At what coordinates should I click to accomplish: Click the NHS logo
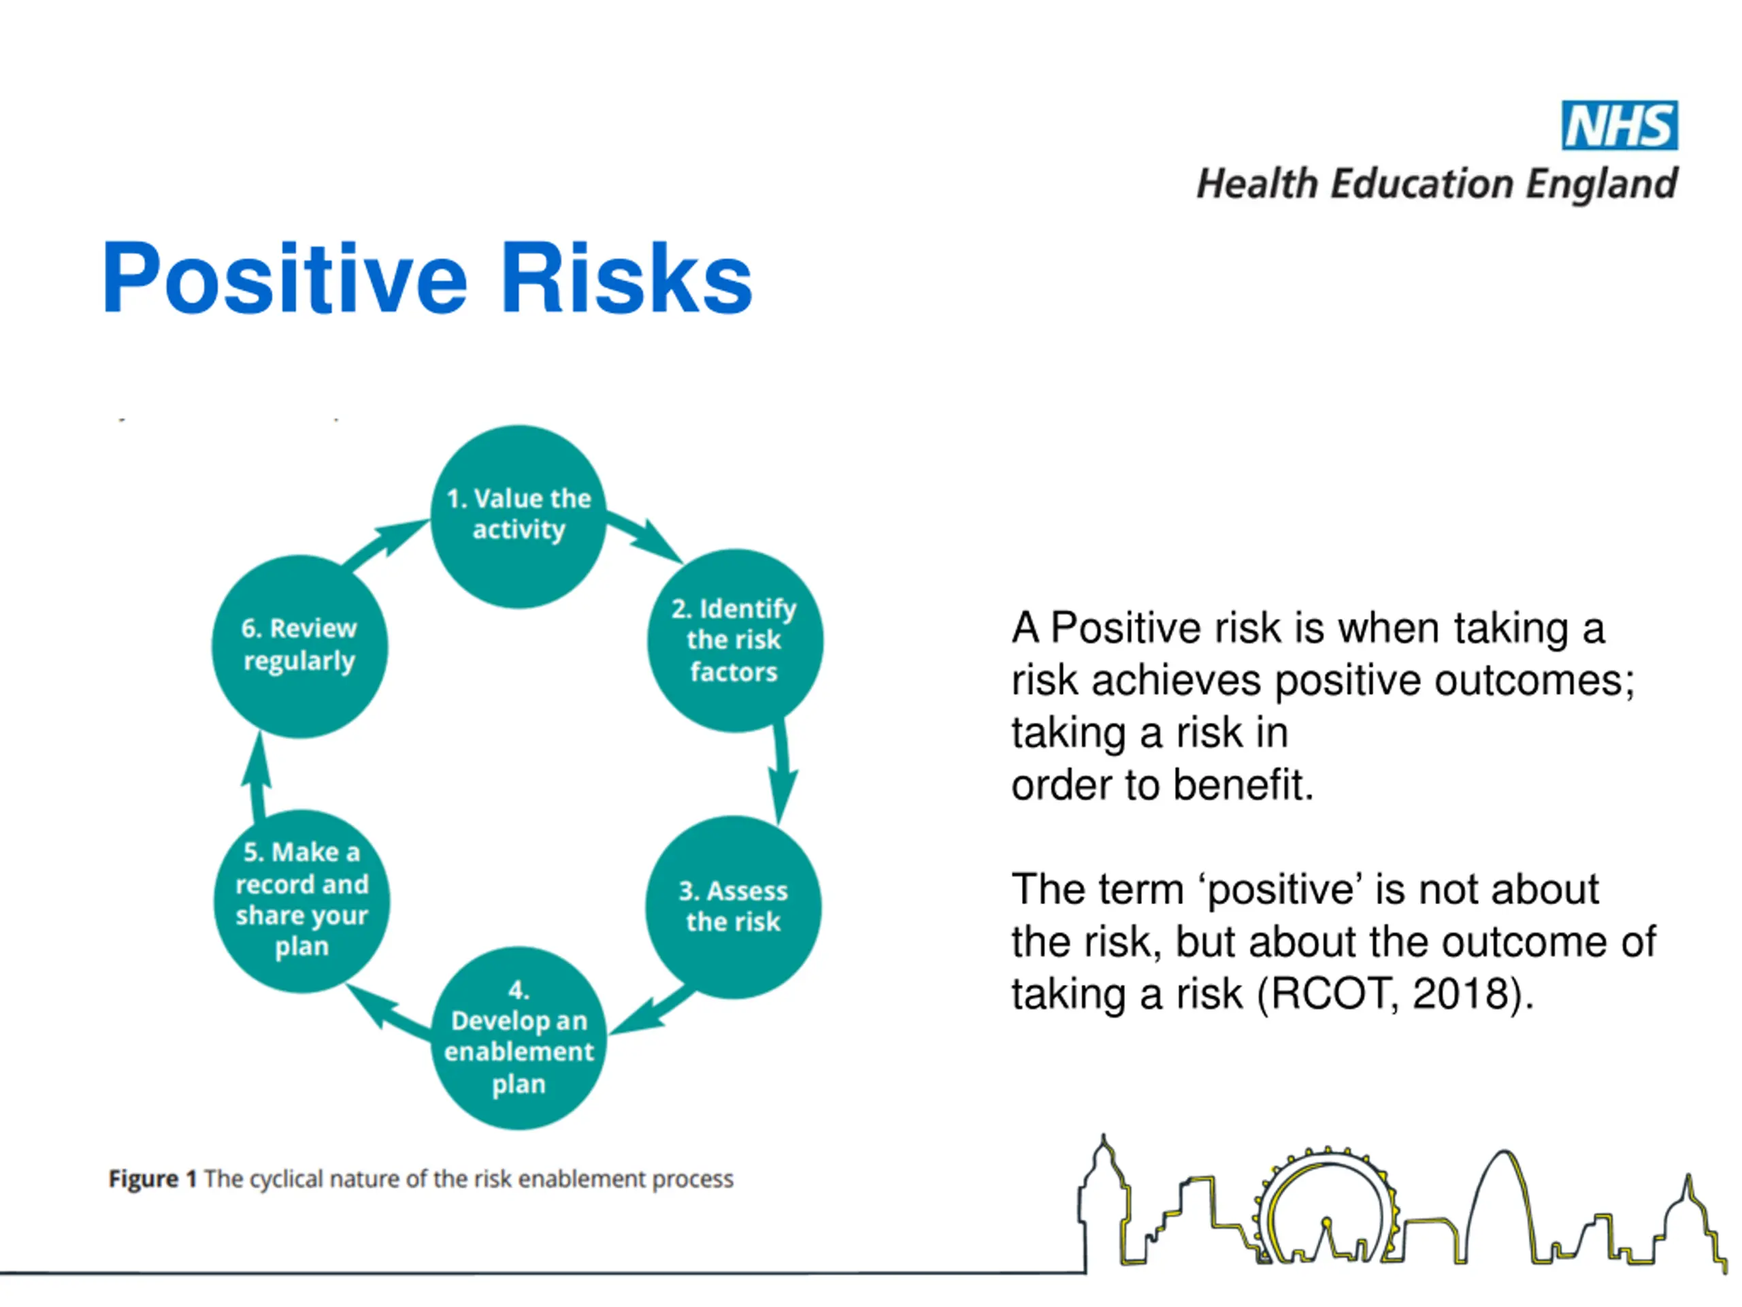coord(1620,125)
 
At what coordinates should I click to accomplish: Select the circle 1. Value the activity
coord(519,516)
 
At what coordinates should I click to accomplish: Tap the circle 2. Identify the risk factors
coord(735,641)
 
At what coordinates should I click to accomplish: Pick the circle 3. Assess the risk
coord(733,907)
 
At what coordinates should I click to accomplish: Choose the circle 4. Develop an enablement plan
coord(519,1037)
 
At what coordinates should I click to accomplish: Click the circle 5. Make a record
coord(301,901)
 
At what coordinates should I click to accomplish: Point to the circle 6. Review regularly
coord(299,646)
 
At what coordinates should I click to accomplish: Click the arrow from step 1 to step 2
coord(644,538)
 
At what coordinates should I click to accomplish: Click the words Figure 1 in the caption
coord(152,1178)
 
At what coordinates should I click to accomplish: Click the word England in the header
coord(1602,184)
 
